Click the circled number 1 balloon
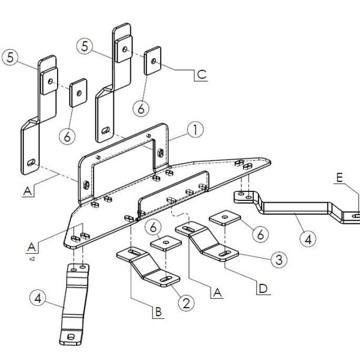196,130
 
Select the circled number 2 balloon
186,303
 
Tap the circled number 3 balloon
279,260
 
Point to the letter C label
202,74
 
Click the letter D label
263,289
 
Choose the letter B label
158,312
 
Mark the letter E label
340,178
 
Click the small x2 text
32,259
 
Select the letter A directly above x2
31,247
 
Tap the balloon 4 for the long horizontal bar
308,239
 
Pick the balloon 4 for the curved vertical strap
38,299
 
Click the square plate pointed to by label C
152,61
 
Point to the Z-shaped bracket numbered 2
148,267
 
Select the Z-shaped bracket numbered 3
207,241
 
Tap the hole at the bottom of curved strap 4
71,337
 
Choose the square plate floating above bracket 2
166,242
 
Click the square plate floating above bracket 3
225,217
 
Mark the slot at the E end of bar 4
356,216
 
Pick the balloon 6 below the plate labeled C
141,109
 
